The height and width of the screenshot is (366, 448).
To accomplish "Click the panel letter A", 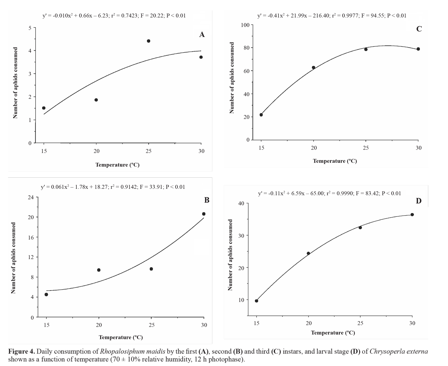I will [x=202, y=35].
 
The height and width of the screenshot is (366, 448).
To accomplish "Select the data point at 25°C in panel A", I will [x=148, y=41].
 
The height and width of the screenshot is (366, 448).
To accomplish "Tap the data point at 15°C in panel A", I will [x=44, y=108].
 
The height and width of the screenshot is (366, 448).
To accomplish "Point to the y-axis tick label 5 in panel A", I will [x=30, y=28].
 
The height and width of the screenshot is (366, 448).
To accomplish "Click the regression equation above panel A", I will [x=114, y=16].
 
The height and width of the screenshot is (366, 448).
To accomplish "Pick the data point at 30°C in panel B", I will [x=204, y=214].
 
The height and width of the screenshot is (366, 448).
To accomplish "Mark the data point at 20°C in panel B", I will [x=99, y=270].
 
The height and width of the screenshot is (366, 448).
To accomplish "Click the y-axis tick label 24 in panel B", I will [x=31, y=197].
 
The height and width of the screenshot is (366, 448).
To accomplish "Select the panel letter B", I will [x=207, y=200].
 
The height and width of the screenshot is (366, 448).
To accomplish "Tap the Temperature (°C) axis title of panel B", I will [x=121, y=337].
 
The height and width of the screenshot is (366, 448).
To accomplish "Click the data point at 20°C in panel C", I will [x=313, y=67].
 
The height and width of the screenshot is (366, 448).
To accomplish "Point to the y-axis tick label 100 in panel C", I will [x=245, y=25].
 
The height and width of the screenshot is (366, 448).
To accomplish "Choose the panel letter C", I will [x=419, y=29].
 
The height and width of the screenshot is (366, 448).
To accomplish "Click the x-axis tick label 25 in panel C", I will [x=366, y=148].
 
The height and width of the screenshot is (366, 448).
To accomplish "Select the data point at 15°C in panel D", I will [x=257, y=301].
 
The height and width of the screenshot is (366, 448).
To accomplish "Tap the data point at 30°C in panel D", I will [x=412, y=214].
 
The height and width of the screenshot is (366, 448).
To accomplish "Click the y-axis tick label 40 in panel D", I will [x=241, y=204].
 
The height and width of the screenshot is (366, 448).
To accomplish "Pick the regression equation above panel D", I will [x=329, y=193].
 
